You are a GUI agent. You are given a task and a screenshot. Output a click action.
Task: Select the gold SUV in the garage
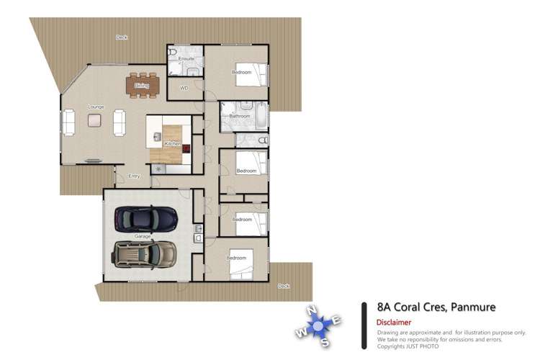click(145, 253)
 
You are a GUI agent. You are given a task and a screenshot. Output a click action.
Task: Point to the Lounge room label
click(96, 107)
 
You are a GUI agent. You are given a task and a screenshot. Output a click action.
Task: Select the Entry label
click(134, 176)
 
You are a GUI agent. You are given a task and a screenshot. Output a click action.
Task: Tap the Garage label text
click(143, 236)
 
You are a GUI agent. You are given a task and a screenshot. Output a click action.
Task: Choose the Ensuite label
click(186, 58)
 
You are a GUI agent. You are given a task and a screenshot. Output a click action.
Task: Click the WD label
click(184, 89)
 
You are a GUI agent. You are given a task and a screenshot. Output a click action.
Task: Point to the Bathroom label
click(239, 116)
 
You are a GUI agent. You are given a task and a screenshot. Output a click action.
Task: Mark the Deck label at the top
click(122, 37)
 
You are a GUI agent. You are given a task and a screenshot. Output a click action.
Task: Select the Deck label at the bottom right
click(284, 286)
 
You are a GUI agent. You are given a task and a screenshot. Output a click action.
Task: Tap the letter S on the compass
click(325, 341)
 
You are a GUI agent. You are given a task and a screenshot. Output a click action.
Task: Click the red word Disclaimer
click(394, 323)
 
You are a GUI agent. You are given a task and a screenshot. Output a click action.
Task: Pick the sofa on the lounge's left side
click(69, 122)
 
